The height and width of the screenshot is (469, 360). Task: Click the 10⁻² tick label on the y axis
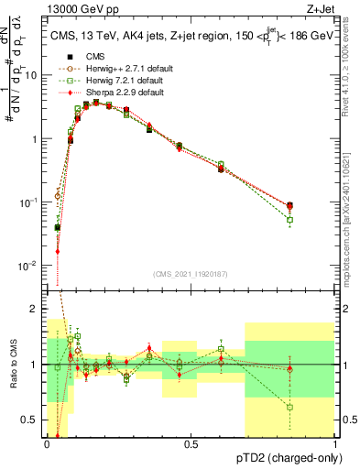click(x=30, y=266)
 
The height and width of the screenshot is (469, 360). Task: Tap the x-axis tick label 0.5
click(x=191, y=443)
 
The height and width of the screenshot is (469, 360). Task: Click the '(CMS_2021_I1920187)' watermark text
click(x=191, y=274)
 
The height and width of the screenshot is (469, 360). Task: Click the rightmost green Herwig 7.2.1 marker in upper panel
click(x=290, y=220)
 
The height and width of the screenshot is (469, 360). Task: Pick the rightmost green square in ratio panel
click(x=290, y=407)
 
